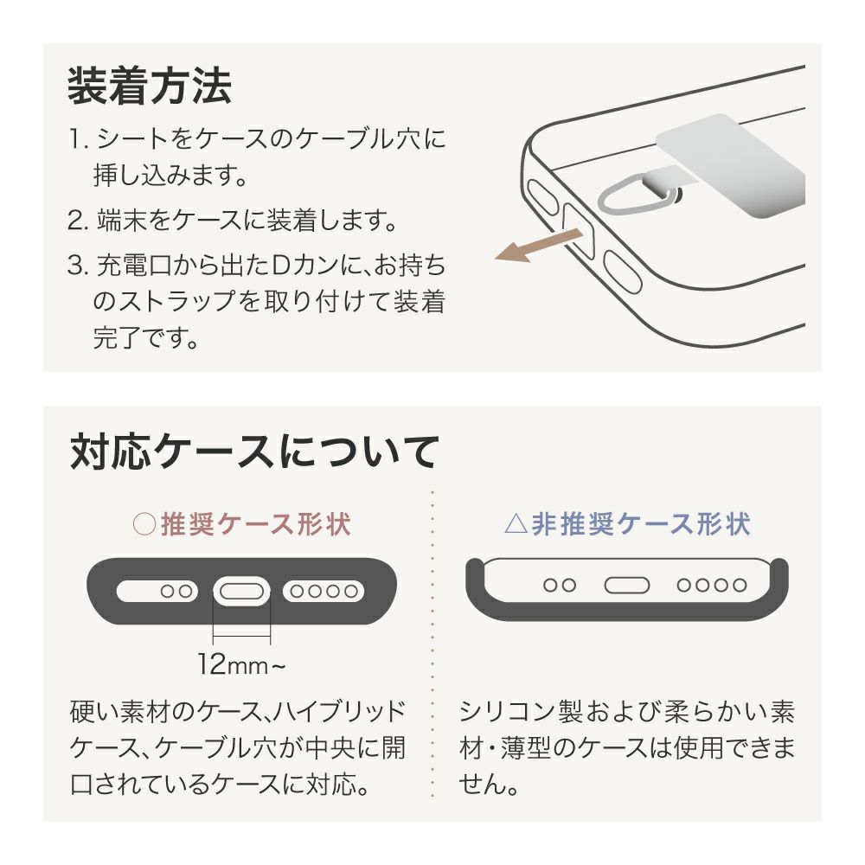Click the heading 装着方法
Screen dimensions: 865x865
(150, 86)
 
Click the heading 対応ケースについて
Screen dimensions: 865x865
(255, 452)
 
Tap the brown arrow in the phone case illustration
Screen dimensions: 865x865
(539, 245)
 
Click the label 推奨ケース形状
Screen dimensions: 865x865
(256, 523)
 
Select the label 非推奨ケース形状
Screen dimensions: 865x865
(641, 523)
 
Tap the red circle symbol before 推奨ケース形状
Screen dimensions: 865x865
(144, 524)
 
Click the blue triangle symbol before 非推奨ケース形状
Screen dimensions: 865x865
(516, 524)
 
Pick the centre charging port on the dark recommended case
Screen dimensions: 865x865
(241, 592)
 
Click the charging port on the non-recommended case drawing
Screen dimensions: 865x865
(627, 585)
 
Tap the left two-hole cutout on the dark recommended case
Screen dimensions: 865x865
(157, 592)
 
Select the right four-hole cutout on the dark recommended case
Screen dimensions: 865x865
(324, 592)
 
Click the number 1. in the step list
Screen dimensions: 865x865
(79, 139)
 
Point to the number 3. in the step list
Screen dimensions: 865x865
(78, 266)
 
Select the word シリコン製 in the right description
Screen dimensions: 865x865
(520, 711)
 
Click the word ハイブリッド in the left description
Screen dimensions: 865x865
(340, 711)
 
